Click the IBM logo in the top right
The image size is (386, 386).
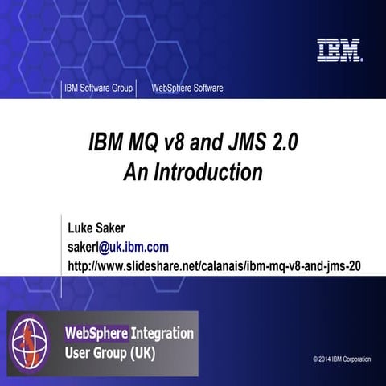click(339, 51)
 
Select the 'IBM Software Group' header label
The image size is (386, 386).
click(98, 88)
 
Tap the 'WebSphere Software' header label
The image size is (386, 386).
click(187, 88)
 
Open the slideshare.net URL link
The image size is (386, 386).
click(214, 264)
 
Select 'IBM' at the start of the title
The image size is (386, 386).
click(103, 142)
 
